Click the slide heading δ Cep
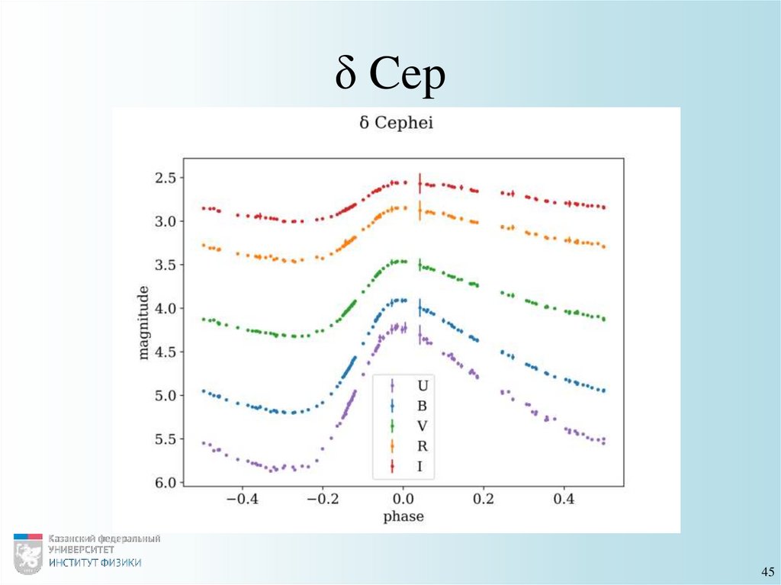pos(390,77)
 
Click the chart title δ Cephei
pos(396,123)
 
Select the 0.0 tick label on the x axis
pos(402,500)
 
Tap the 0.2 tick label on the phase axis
pos(483,500)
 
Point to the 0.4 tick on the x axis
pos(564,500)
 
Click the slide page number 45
pos(767,572)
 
